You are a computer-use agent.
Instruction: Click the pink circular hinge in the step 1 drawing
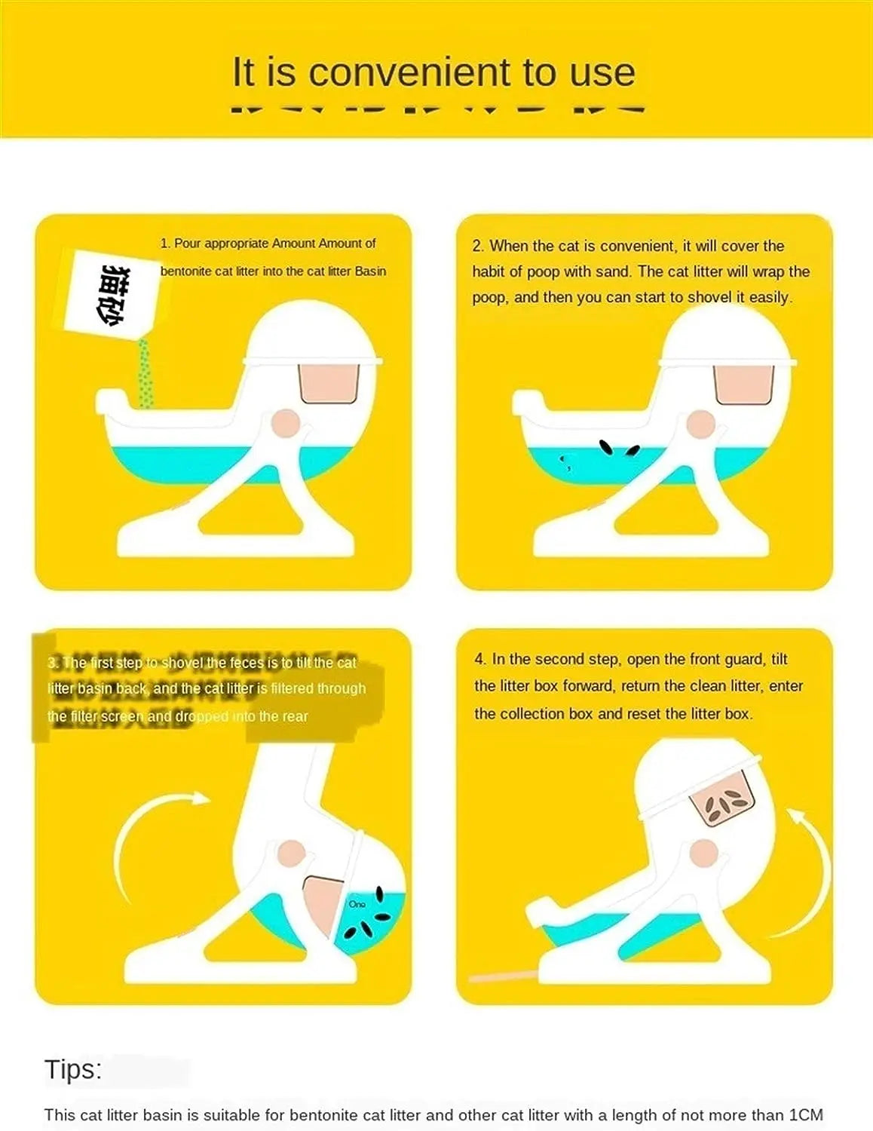pos(286,424)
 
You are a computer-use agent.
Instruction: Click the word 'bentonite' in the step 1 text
pos(185,271)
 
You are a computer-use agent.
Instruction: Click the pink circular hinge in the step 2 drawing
pos(701,425)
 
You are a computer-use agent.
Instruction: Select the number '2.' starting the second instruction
pos(479,246)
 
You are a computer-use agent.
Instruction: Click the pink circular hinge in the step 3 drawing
pos(291,854)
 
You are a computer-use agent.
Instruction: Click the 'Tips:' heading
pos(73,1069)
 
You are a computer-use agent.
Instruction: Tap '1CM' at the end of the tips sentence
pos(805,1114)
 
